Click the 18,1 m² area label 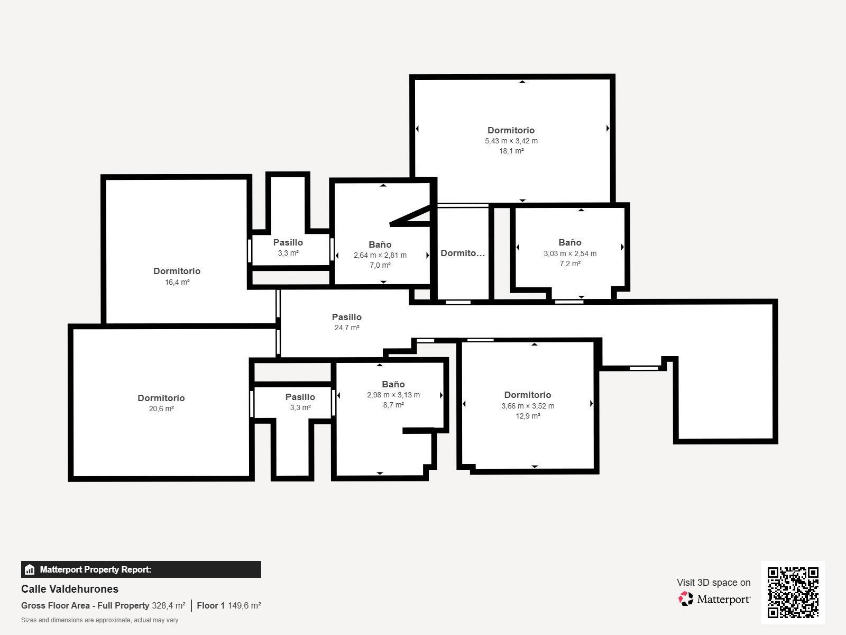coord(511,151)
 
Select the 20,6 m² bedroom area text coord(161,409)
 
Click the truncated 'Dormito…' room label coord(463,253)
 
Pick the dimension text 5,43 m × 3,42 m coord(511,141)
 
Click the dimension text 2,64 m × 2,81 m coord(380,255)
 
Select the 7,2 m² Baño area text coord(570,264)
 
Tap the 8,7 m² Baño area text coord(393,405)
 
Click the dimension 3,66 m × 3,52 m coord(528,406)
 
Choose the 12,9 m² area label coord(528,416)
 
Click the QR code coord(793,592)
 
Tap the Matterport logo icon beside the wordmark coord(686,598)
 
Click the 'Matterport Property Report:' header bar coord(141,569)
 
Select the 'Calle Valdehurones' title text coord(70,589)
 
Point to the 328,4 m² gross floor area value coord(169,605)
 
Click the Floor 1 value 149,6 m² coord(244,605)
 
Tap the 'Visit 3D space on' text coord(713,583)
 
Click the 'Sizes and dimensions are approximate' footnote coord(99,620)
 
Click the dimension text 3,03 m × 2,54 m coord(570,253)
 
